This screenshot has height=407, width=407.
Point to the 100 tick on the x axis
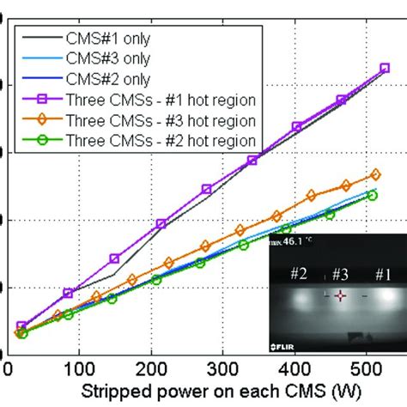coord(79,369)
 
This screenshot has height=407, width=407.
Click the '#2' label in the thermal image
coord(298,274)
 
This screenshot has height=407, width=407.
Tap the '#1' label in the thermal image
coord(380,274)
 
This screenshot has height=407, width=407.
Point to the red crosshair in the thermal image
coord(340,295)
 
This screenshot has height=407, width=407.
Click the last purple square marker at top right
coord(384,68)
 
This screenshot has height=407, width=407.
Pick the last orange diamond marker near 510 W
coord(374,174)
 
